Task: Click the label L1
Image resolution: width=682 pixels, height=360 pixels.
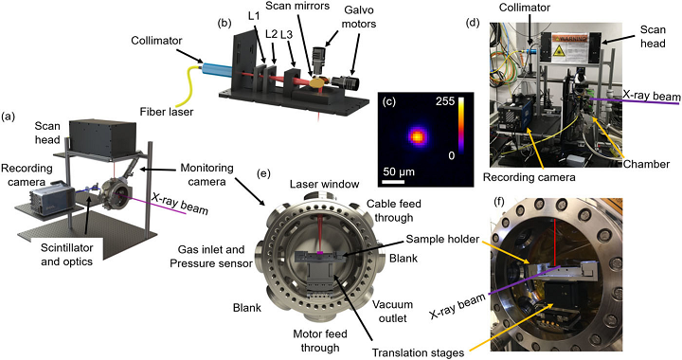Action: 251,18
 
